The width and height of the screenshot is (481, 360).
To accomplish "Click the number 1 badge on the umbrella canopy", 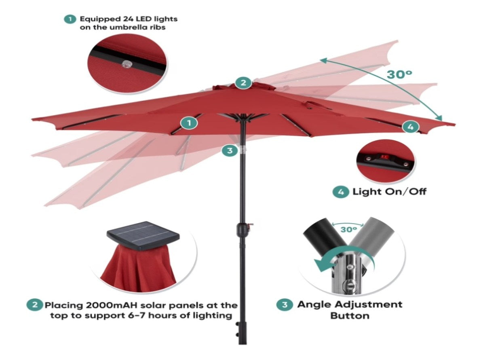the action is click(189, 123).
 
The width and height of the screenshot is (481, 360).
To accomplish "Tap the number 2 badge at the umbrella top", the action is click(243, 82).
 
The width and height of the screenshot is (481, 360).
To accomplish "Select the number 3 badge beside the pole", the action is click(230, 150).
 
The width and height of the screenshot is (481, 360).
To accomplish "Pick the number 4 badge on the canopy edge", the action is click(410, 127).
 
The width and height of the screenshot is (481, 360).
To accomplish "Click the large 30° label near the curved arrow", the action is click(399, 74).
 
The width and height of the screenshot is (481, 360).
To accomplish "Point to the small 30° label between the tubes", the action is click(348, 229).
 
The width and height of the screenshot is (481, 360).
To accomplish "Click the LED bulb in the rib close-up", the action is click(125, 64).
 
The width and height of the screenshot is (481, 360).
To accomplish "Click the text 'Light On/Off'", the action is click(389, 192).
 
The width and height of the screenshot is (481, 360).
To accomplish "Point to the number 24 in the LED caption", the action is click(128, 19).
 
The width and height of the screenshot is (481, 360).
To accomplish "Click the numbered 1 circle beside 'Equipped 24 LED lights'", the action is click(70, 19).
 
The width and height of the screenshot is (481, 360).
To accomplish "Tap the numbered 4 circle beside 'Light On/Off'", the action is click(340, 192).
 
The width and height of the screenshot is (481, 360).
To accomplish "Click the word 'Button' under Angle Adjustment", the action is click(350, 316).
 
